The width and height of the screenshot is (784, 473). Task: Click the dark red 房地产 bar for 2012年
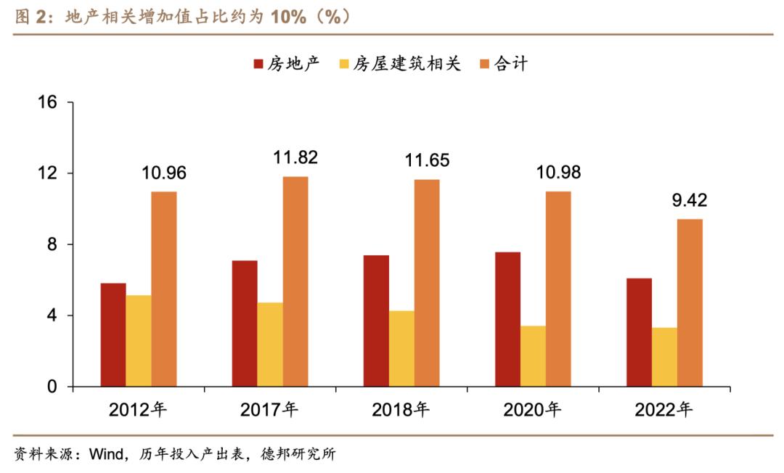(113, 334)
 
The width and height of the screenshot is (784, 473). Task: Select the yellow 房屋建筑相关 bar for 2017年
(270, 345)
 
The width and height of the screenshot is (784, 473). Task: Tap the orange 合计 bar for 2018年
(427, 283)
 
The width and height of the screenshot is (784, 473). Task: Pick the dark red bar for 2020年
(507, 319)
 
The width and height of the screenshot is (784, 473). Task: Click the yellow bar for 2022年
(664, 357)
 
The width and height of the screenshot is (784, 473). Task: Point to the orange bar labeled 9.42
(690, 303)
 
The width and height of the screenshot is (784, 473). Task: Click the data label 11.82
(295, 157)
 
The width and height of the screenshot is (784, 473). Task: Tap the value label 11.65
(426, 160)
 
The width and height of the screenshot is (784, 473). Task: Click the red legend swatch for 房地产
(258, 64)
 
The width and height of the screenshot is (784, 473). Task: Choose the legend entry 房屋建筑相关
(407, 64)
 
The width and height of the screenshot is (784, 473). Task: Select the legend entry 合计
(511, 64)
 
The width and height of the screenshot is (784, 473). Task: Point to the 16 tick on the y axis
(48, 103)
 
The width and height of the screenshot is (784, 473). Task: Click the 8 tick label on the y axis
(52, 244)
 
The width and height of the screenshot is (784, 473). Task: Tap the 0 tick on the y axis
(52, 387)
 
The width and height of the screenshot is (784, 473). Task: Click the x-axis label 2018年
(401, 410)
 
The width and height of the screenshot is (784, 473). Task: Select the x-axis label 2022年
(663, 410)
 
